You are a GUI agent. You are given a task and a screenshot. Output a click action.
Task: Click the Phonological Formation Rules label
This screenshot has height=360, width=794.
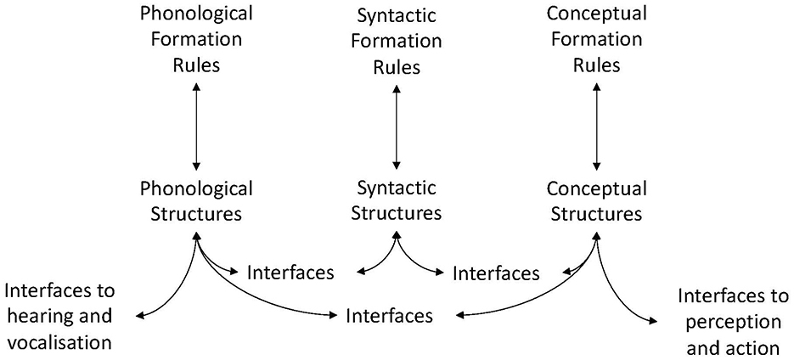tap(196, 39)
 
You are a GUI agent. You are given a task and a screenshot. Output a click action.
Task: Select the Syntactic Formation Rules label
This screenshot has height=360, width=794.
tap(397, 41)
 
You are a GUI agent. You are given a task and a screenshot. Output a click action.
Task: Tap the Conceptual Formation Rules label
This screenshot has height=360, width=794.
tap(596, 39)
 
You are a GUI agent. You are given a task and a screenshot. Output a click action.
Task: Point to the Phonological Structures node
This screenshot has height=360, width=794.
tap(196, 201)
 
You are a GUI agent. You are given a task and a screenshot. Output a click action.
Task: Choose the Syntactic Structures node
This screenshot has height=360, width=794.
tap(397, 201)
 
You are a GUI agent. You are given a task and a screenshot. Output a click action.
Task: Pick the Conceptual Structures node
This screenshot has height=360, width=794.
tap(596, 201)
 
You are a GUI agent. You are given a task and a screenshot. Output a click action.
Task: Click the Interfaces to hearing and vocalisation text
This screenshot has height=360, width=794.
tap(59, 317)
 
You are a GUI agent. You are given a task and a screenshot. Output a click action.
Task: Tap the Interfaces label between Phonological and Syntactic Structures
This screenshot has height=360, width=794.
tap(290, 273)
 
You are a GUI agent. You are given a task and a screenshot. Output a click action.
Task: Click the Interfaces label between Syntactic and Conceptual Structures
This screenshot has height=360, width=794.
tap(496, 273)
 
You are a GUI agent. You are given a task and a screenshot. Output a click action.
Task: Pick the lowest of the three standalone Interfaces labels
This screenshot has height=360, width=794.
tap(390, 316)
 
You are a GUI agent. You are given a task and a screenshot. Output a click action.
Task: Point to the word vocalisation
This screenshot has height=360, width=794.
tap(59, 342)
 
